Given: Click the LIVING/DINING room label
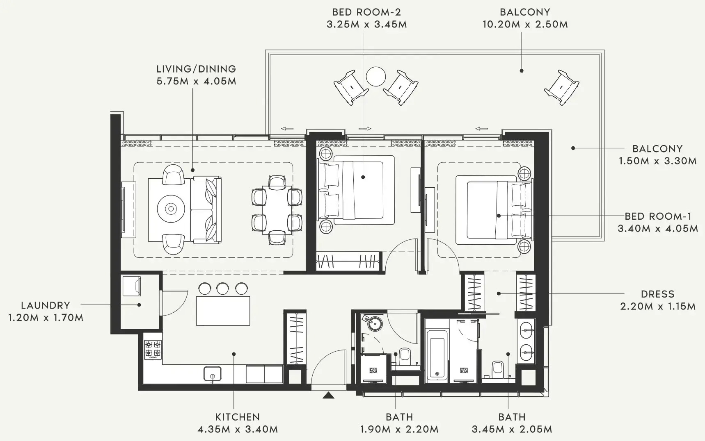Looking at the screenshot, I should (196, 69).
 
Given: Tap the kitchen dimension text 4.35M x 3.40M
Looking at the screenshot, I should (238, 430).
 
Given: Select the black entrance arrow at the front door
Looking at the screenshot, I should (328, 395).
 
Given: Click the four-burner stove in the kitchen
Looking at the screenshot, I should (153, 349).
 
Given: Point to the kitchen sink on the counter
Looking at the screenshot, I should (212, 374).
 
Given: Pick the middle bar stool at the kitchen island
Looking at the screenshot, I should (222, 288).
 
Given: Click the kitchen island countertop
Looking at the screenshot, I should (223, 310).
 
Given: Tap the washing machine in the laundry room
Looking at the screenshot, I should (132, 286).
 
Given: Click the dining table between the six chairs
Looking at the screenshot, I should (277, 209).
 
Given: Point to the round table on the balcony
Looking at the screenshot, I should (375, 77).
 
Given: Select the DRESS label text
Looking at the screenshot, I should (657, 294).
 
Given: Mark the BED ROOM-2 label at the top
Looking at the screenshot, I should (366, 12).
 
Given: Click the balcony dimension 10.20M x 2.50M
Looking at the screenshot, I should (525, 24).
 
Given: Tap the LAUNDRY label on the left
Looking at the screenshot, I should (46, 305).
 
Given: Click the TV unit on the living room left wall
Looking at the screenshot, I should (128, 209).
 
